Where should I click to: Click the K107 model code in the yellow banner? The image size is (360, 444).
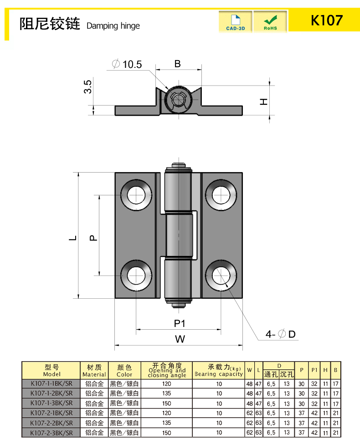(x=326, y=20)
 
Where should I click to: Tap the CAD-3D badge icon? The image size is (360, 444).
(x=235, y=22)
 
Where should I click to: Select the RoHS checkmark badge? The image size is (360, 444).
(x=270, y=22)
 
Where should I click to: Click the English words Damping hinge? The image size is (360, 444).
(x=113, y=26)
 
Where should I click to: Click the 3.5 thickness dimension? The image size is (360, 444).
(x=88, y=87)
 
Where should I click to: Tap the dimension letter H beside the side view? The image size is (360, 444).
(x=263, y=101)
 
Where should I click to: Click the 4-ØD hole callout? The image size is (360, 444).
(x=281, y=334)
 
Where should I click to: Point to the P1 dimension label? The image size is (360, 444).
(x=179, y=323)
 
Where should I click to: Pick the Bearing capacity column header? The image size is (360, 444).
(x=219, y=370)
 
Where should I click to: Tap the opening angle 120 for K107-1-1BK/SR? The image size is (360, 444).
(x=166, y=383)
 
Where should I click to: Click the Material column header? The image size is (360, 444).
(x=94, y=370)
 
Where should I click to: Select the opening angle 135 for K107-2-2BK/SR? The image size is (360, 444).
(x=166, y=423)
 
